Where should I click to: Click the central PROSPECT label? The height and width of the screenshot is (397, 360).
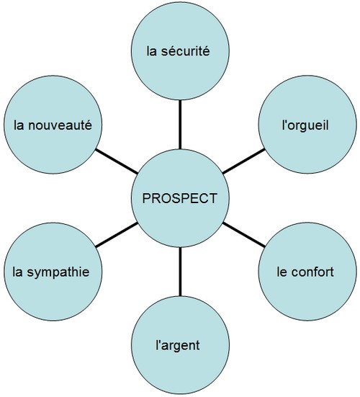click(179, 198)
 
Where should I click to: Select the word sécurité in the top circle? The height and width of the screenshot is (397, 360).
click(186, 51)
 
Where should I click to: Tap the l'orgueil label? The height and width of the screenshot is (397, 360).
click(305, 125)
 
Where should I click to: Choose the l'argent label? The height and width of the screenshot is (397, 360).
click(178, 345)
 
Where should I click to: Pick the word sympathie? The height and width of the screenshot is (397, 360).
click(58, 273)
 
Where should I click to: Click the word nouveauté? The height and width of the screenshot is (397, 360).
click(60, 125)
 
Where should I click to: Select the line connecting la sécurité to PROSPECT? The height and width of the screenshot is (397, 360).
click(180, 125)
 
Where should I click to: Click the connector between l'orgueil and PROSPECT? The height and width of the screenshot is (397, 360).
click(243, 161)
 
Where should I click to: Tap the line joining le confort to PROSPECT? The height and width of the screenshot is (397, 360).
click(243, 235)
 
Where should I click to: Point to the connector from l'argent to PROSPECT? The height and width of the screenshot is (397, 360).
click(180, 272)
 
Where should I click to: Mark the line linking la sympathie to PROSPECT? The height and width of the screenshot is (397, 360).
click(117, 235)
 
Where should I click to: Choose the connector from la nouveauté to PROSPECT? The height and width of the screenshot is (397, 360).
click(117, 161)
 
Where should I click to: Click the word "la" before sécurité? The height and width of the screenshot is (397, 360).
click(151, 51)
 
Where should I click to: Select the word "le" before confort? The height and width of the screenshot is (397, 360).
click(282, 272)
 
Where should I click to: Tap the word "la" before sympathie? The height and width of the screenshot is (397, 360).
click(17, 272)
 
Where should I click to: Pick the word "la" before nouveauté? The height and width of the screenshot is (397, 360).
click(19, 125)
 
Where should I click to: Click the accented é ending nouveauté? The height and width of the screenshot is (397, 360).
click(89, 125)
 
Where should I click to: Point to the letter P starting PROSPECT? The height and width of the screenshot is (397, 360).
click(147, 198)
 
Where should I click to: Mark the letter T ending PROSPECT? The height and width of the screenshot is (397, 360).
click(212, 198)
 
